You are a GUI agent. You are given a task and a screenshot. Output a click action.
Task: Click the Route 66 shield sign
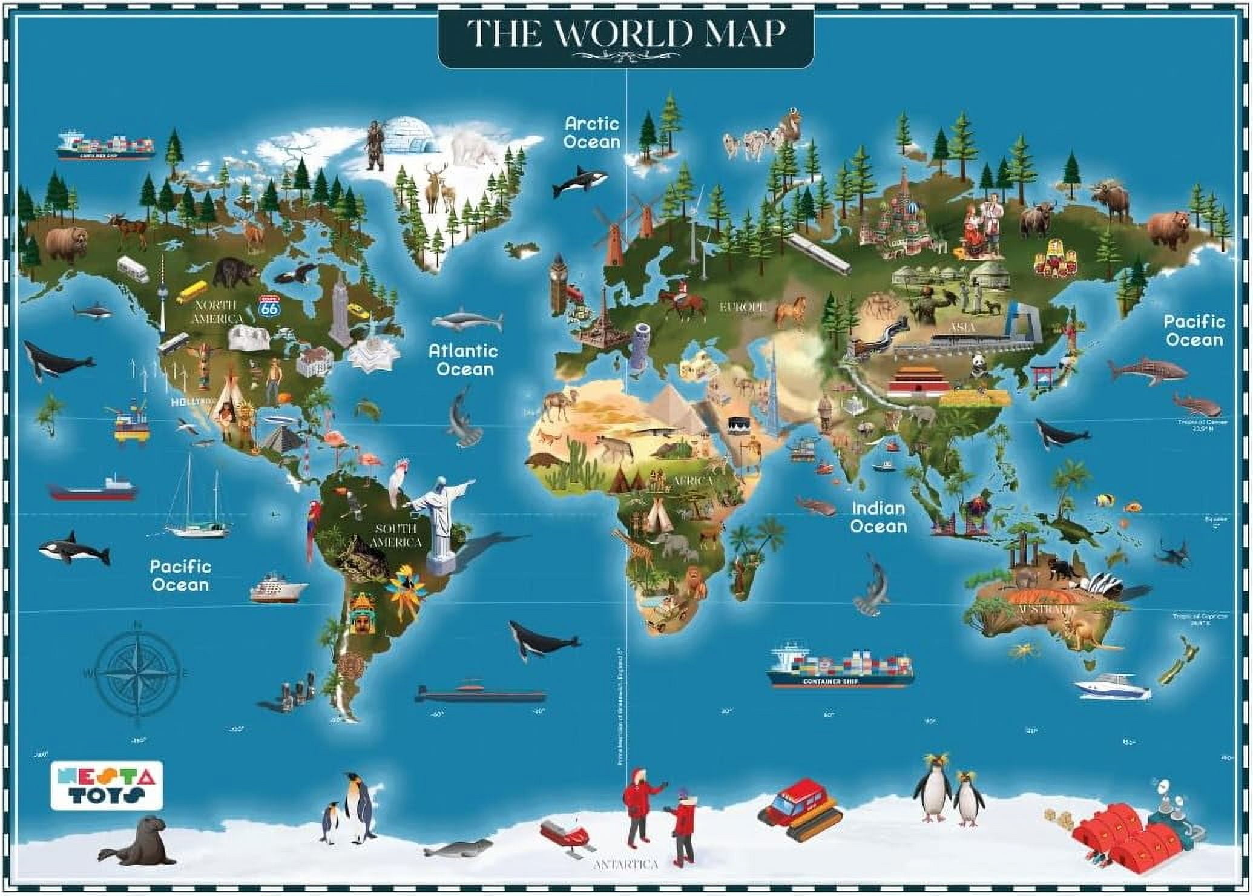pos(268,306)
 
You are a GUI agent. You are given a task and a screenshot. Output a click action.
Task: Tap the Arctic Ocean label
pos(592,133)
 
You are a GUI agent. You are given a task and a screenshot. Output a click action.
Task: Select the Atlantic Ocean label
pos(464,360)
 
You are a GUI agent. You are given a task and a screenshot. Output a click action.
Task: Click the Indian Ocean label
pos(878,518)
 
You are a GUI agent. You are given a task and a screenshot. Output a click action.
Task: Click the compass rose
pos(138,673)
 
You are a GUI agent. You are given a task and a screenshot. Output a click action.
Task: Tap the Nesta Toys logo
pos(107,785)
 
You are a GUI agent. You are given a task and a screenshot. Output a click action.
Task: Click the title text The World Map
pos(626,34)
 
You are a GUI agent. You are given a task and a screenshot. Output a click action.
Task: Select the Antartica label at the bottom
pos(625,864)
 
